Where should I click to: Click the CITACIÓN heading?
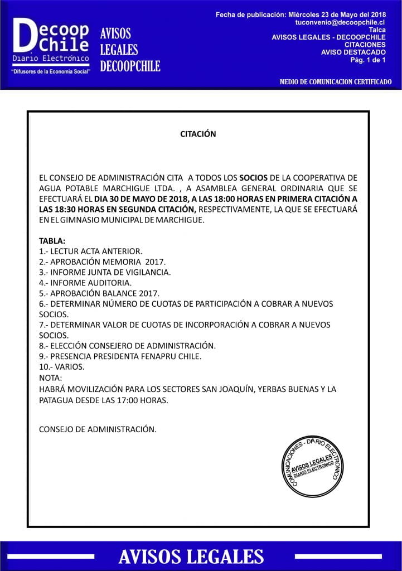198,134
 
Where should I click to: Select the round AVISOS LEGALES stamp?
312,467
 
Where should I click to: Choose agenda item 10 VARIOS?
62,367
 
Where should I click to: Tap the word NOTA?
51,378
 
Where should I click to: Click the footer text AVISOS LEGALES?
191,556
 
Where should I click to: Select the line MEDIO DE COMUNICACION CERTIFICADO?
336,82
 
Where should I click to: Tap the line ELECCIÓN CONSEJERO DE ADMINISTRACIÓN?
127,346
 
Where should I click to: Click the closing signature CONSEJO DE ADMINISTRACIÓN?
98,429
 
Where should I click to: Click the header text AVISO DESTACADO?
353,52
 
